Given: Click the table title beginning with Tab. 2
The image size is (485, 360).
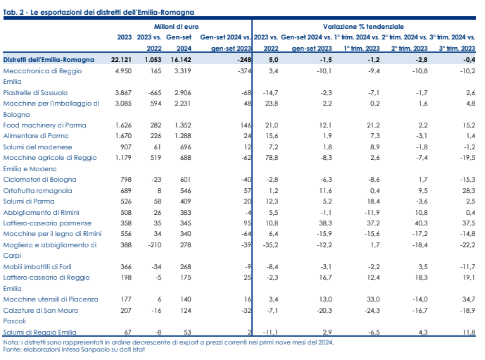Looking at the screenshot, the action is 99,13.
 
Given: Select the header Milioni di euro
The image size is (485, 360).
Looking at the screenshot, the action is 176,27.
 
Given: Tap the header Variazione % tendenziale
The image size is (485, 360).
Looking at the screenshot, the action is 363,27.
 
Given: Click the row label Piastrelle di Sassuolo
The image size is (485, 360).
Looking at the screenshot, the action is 35,92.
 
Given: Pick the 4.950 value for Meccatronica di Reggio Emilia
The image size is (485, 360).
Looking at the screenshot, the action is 123,71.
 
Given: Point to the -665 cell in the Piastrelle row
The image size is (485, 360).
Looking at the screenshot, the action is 155,92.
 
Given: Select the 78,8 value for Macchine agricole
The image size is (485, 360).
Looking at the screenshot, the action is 272,158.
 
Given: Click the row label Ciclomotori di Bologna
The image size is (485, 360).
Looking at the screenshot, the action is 39,180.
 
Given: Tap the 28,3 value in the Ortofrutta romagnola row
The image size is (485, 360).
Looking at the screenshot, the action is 469,191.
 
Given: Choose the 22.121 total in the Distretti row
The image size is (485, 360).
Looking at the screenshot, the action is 121,60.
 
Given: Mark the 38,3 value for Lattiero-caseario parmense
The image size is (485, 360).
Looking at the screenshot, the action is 325,223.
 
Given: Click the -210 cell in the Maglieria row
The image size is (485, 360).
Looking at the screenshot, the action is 155,245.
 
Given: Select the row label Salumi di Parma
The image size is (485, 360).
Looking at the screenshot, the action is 29,201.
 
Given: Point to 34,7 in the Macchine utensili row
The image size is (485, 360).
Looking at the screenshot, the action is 469,299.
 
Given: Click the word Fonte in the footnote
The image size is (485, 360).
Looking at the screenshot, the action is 11,349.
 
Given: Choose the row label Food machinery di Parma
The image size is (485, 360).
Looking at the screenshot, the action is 44,125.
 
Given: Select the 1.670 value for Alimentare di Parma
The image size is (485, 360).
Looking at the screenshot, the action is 123,136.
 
